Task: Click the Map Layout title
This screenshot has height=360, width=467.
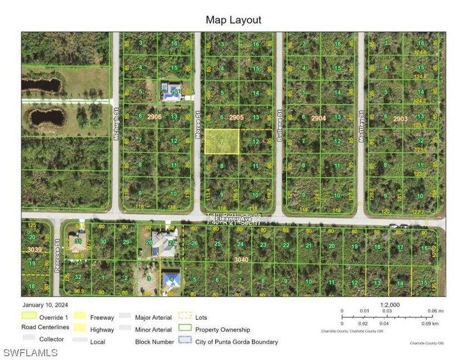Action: tap(233, 20)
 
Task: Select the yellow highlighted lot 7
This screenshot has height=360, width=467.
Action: tap(222, 141)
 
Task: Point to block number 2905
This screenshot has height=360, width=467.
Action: tap(236, 117)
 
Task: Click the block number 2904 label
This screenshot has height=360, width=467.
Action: tap(319, 118)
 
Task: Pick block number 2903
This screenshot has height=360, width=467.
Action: tap(400, 118)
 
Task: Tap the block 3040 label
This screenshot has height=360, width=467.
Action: tap(241, 259)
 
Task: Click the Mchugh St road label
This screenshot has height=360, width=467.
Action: tap(117, 119)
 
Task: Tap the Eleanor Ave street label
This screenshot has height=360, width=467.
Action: tap(234, 219)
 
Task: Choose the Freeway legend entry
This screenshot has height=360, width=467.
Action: tap(102, 317)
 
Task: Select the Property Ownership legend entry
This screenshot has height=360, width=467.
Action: tap(222, 329)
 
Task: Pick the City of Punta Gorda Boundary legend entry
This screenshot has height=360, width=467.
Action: tap(237, 342)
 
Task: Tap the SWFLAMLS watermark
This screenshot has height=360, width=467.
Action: tap(31, 352)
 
